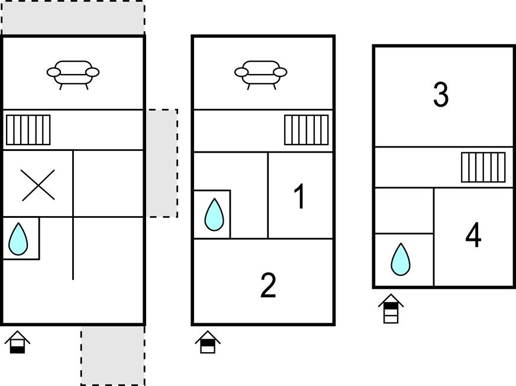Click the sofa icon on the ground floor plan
(73, 75)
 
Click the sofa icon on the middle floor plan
(260, 75)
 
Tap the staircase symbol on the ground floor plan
(28, 130)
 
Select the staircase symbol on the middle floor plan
(307, 130)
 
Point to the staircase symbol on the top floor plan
(483, 167)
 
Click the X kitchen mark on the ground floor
(38, 185)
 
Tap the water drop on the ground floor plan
(18, 239)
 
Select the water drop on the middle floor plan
(214, 214)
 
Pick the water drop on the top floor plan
(401, 259)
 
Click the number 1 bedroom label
(299, 197)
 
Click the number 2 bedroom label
(268, 286)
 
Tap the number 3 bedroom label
(441, 95)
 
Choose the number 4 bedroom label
(473, 235)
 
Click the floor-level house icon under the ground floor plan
(17, 342)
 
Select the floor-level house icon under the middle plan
(208, 342)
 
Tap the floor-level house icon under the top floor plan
(391, 308)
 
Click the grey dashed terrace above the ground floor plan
(73, 17)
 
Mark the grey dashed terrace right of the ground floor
(162, 163)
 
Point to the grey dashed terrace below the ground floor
(113, 355)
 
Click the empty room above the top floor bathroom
(404, 211)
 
